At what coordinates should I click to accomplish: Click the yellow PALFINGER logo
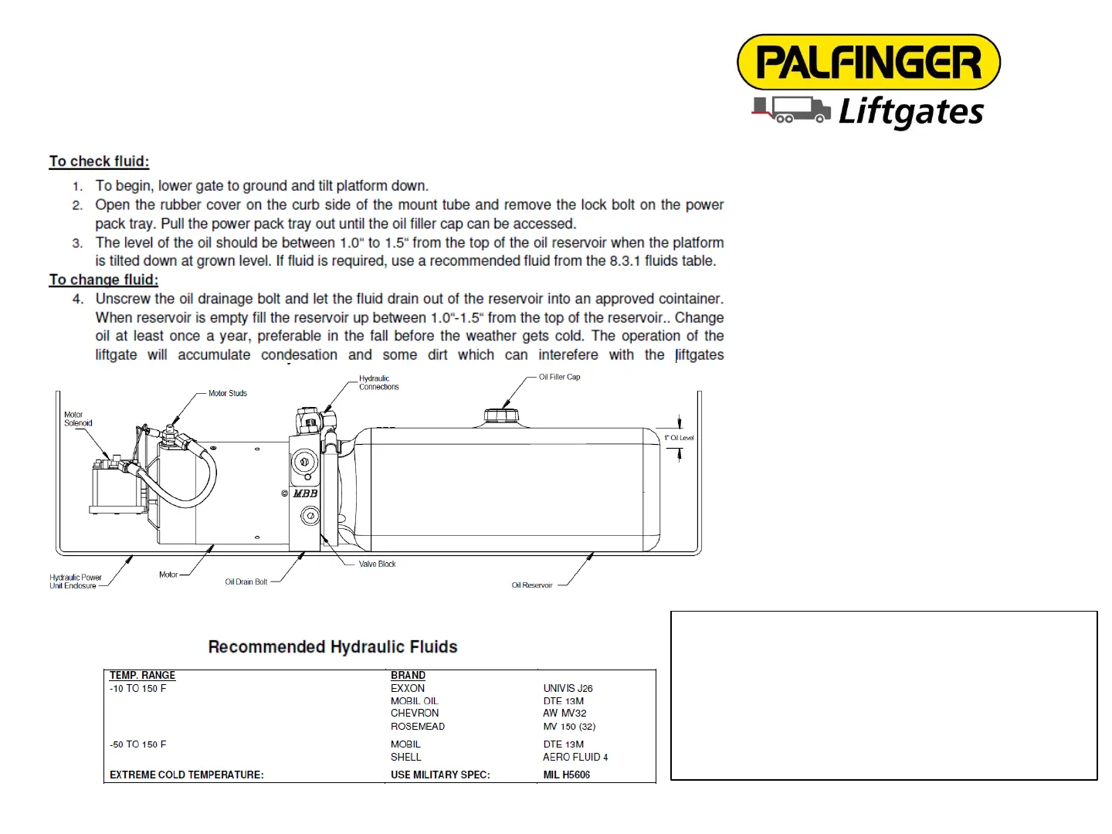coord(869,62)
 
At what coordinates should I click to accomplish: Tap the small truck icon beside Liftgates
coord(792,110)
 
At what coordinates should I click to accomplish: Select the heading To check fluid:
coord(99,161)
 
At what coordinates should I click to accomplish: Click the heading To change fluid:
coord(103,280)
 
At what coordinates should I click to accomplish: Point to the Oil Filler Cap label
coord(559,377)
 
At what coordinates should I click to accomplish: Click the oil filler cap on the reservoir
coord(501,416)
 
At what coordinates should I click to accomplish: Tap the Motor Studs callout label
coord(228,393)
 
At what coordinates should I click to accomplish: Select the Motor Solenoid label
coord(78,419)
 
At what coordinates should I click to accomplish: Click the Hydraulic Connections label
coord(378,382)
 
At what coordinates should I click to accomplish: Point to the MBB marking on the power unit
coord(305,493)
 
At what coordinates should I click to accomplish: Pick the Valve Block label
coord(377,564)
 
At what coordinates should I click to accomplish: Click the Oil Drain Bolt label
coord(246,581)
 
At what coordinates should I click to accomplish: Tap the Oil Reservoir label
coord(532,585)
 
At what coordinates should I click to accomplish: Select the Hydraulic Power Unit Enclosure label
coord(75,581)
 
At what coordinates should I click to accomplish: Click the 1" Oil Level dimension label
coord(679,438)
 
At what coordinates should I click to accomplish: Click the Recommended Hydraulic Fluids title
coord(333,647)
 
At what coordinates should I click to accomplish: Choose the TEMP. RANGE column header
coord(142,675)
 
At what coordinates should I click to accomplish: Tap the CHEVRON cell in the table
coord(415,713)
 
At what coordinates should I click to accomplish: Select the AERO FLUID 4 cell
coord(575,757)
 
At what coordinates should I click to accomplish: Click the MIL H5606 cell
coord(566,775)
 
